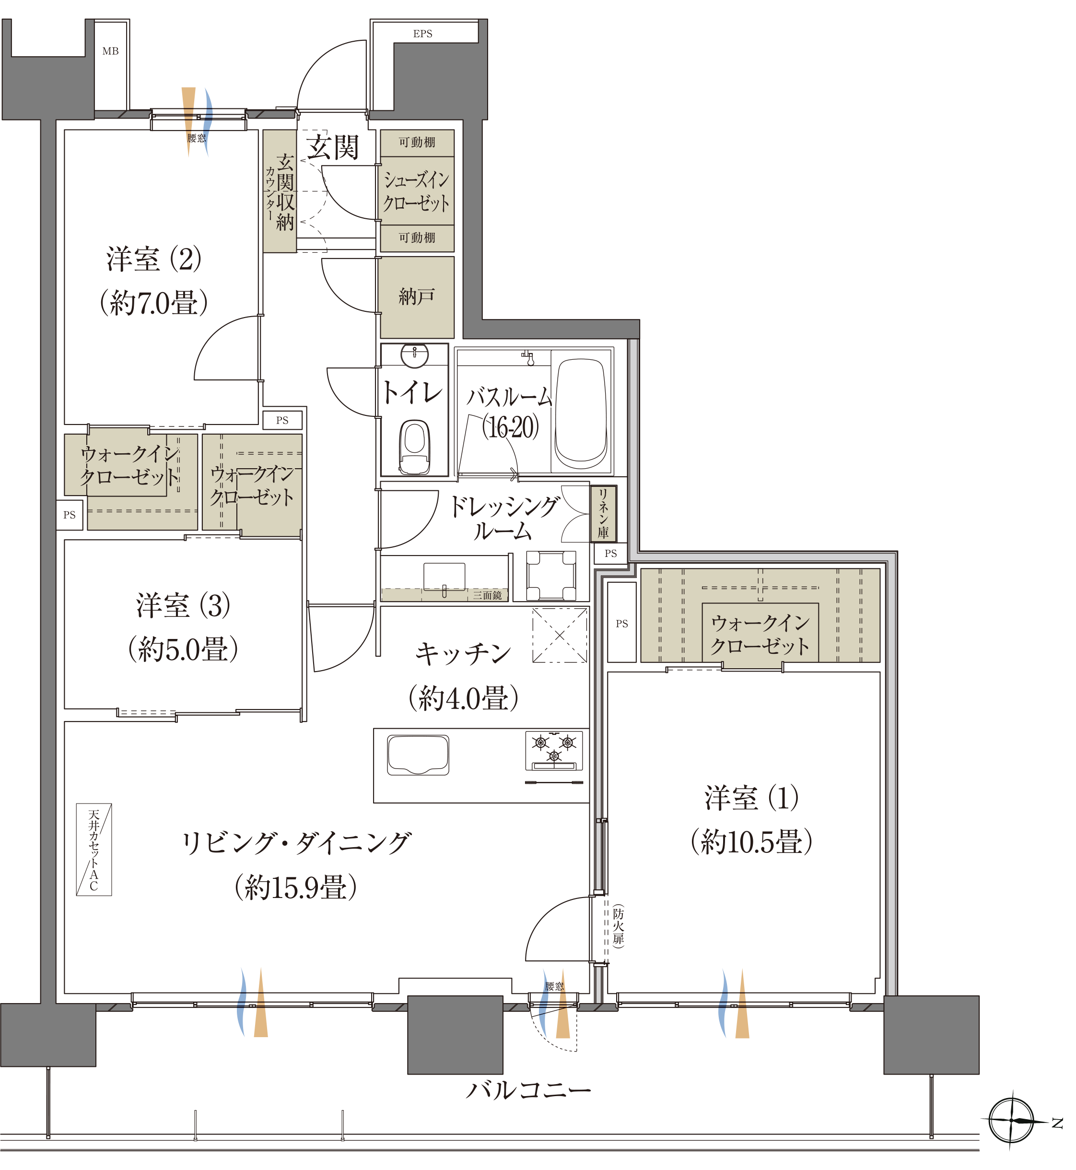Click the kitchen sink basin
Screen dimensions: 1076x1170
tap(423, 764)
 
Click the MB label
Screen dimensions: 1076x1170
tap(112, 52)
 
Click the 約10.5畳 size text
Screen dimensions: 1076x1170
tap(760, 852)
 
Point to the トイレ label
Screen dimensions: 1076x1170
tap(418, 397)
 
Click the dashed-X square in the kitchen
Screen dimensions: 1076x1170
tap(567, 643)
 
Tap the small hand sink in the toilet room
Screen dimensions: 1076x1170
tap(419, 360)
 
